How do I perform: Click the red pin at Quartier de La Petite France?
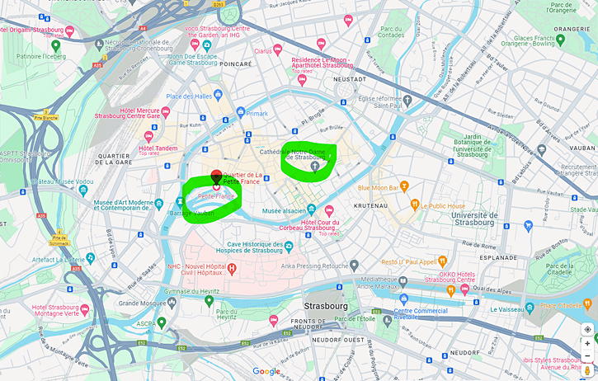coord(216,176)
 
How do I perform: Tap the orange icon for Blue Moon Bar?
coord(404,186)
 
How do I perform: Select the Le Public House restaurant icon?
coord(415,205)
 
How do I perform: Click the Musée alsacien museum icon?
coord(311,210)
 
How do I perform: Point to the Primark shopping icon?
coord(239,113)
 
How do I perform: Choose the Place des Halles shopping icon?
coord(218,96)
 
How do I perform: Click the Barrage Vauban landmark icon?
coord(180,200)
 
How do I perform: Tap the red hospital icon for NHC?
coord(233,268)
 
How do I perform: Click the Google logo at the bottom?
coord(266,372)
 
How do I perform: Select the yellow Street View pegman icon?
coord(587,370)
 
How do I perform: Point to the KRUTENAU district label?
coord(371,205)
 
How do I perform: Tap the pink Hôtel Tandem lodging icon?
coord(148,136)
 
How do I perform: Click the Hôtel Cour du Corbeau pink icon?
coord(329,211)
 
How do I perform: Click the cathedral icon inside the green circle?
coord(314,167)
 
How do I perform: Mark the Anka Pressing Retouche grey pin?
coord(354,266)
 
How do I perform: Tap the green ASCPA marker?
coord(162,322)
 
